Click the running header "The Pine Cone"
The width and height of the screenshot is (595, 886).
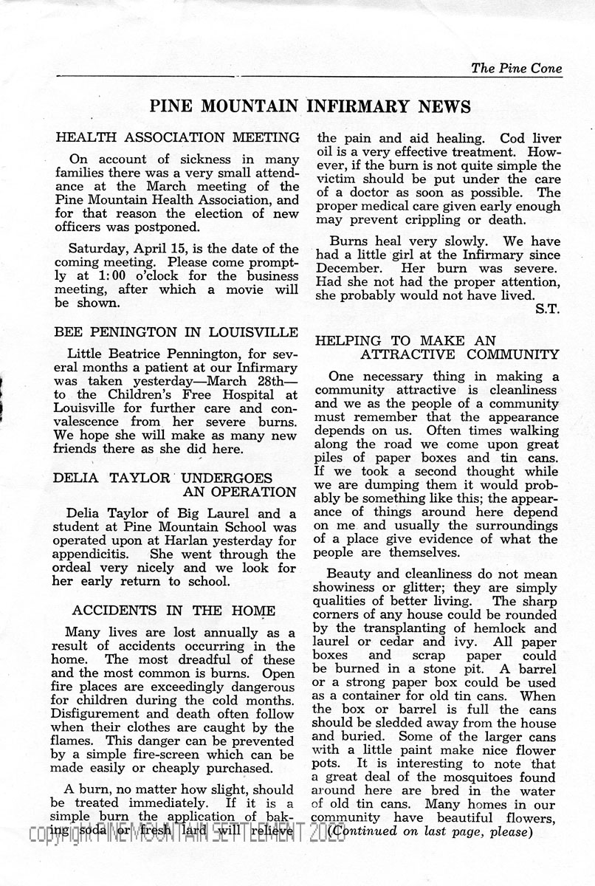pyautogui.click(x=516, y=69)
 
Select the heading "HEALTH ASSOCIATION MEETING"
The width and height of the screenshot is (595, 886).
pyautogui.click(x=176, y=137)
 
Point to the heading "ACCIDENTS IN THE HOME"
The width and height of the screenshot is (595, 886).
pyautogui.click(x=173, y=611)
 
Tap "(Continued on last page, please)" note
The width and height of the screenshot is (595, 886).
pyautogui.click(x=430, y=831)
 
